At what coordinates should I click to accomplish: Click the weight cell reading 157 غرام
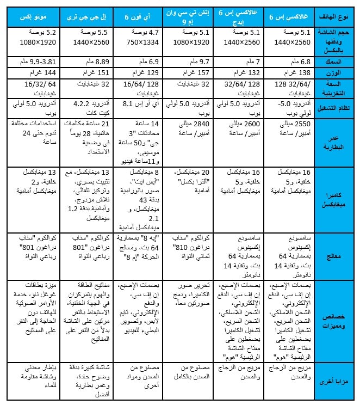tap(190, 72)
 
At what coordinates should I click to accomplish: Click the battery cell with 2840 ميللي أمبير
tap(190, 128)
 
